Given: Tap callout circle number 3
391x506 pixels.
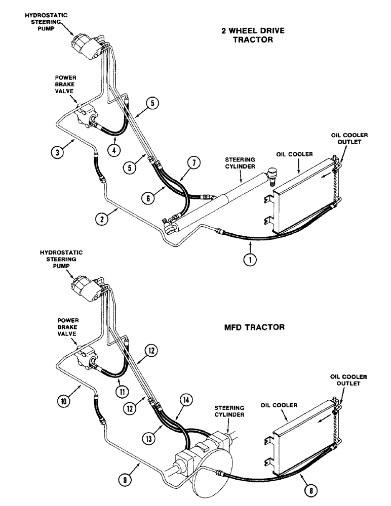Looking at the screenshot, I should [57, 150].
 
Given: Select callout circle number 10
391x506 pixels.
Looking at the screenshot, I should [61, 401].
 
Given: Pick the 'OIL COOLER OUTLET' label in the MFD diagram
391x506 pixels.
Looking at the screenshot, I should [349, 380].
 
